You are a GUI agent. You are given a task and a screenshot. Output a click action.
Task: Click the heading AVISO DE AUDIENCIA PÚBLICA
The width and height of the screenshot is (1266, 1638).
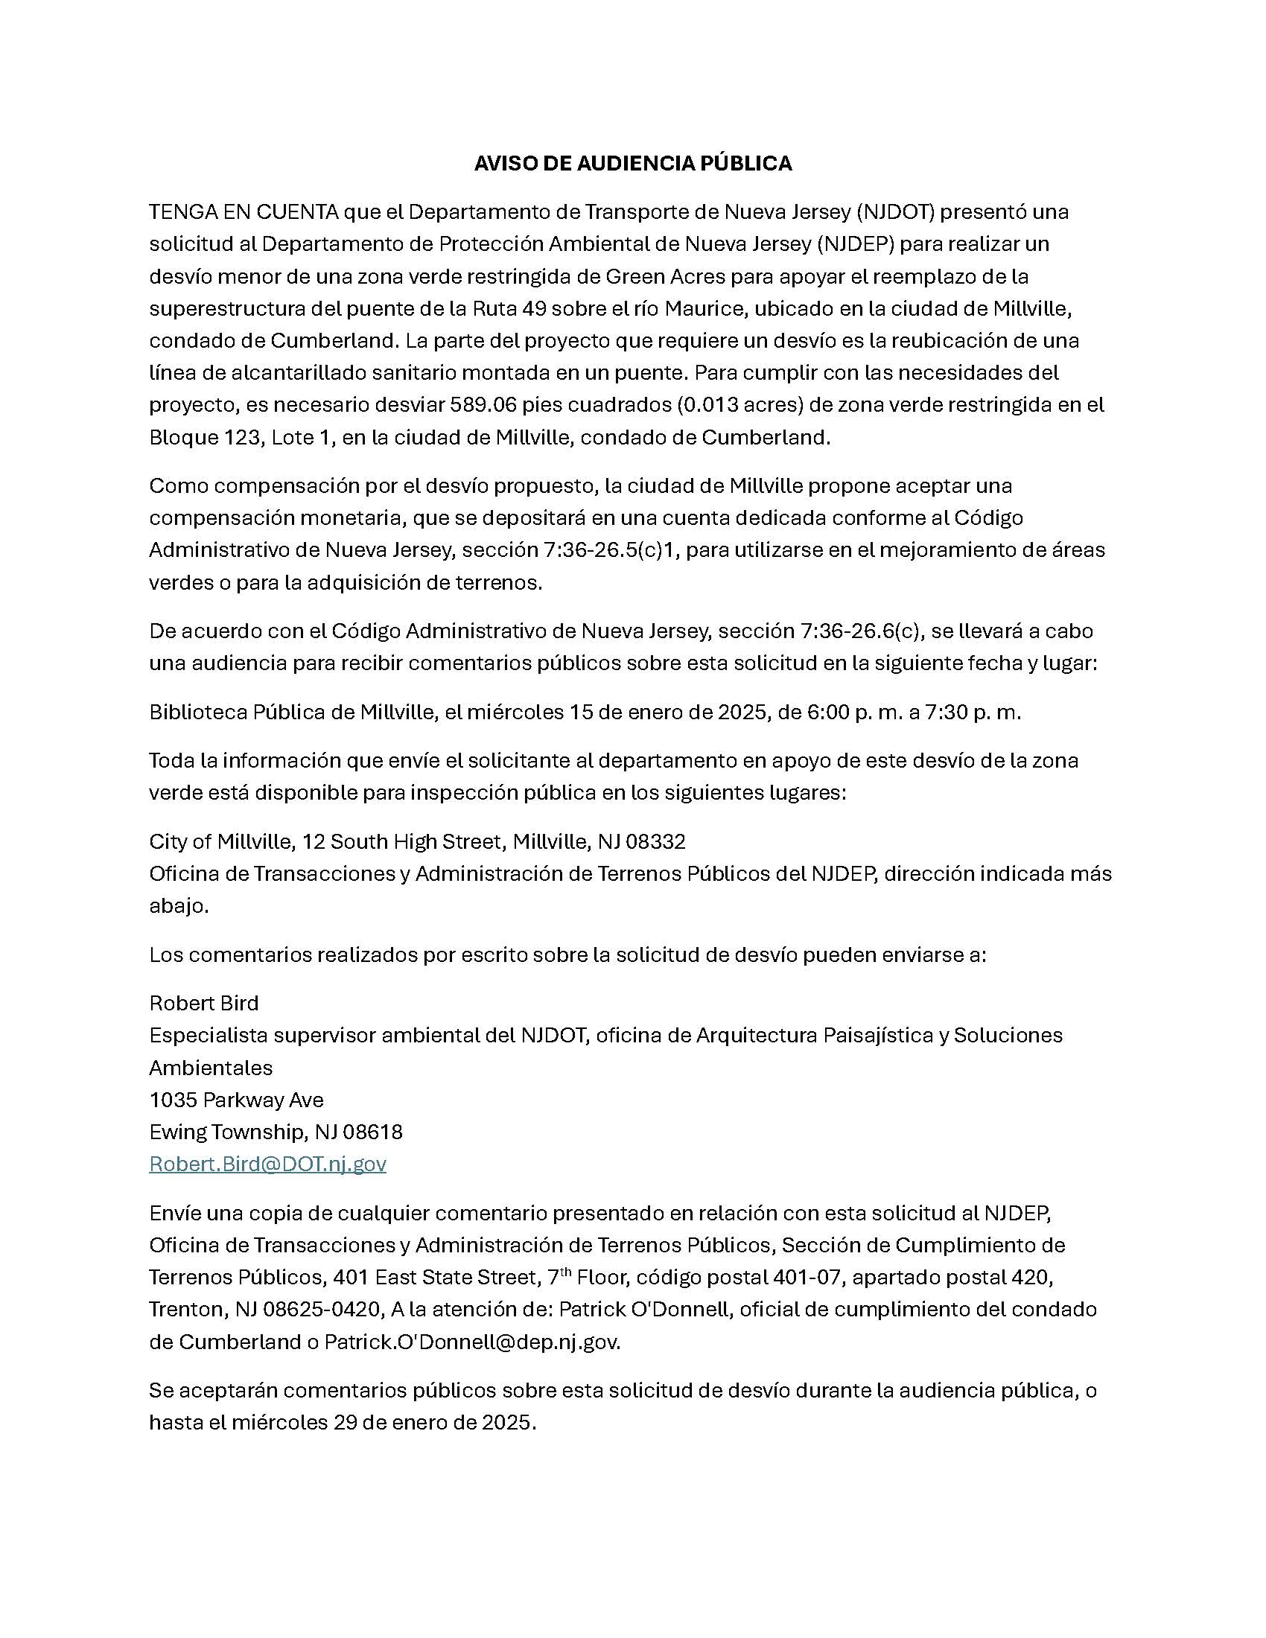[632, 164]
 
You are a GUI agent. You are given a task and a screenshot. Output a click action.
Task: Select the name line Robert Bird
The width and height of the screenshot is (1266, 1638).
[203, 1004]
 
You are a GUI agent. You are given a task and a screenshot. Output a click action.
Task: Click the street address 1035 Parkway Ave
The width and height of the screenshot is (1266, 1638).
[236, 1100]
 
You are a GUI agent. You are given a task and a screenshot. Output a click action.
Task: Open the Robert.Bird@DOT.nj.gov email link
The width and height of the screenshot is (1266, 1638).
[267, 1164]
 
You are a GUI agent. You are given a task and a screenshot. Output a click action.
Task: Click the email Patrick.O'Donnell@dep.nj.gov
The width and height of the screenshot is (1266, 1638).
[471, 1342]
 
